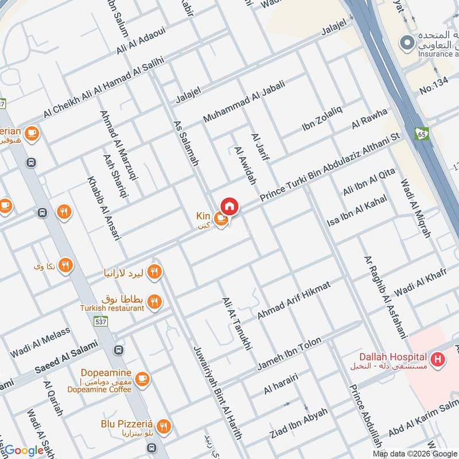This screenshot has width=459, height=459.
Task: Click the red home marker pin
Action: (x=229, y=205)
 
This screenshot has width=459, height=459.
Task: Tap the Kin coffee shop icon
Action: (x=220, y=219)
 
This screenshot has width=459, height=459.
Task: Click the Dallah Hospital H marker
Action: (x=438, y=360)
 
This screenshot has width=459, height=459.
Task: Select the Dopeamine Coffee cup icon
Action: (x=142, y=378)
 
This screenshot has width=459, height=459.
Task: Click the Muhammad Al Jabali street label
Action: (x=244, y=102)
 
